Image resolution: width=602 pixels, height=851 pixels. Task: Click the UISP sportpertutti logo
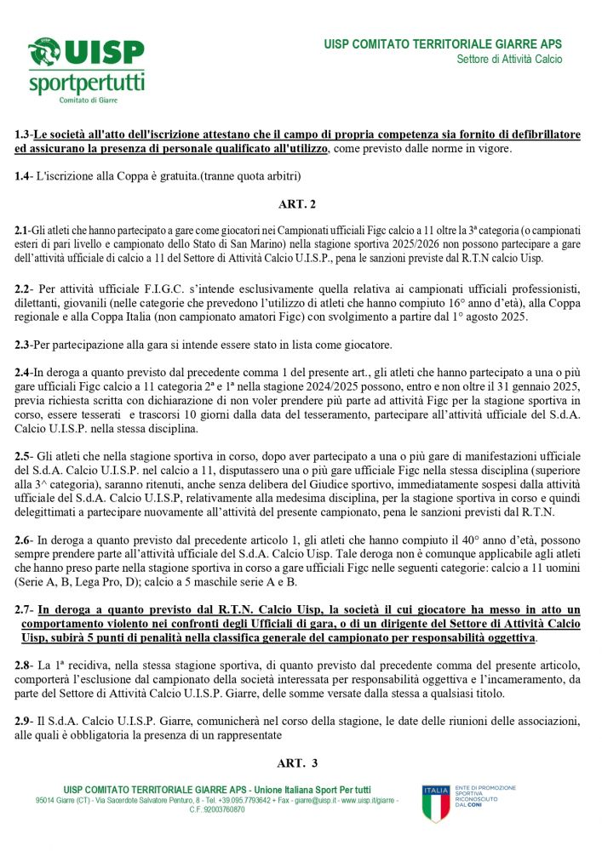click(x=86, y=70)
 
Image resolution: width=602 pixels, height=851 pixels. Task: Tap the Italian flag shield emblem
click(x=435, y=802)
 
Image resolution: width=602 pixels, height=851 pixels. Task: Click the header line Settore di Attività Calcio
click(x=508, y=60)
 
